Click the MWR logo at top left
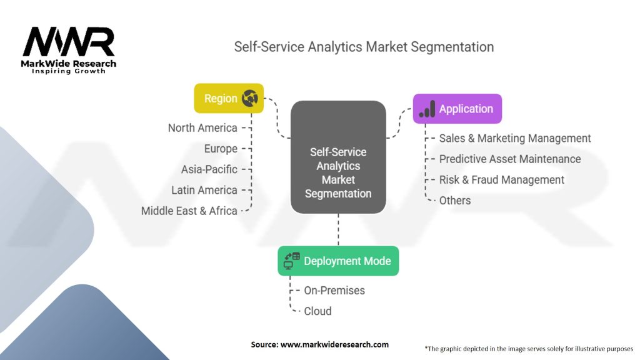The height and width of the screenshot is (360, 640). (x=69, y=50)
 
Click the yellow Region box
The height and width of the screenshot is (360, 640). (x=229, y=98)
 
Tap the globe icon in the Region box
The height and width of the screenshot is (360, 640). (x=249, y=98)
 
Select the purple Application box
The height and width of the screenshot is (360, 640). (x=457, y=109)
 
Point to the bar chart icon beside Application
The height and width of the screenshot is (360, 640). (x=427, y=109)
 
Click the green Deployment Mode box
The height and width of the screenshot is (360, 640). (x=338, y=261)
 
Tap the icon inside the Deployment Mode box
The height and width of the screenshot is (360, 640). (x=292, y=261)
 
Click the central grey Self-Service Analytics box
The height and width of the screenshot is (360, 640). (x=338, y=157)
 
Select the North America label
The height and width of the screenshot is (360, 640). (x=202, y=127)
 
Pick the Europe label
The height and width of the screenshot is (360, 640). (x=221, y=149)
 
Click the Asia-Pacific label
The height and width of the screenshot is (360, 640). (x=209, y=169)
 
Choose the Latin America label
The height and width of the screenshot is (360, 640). (x=204, y=190)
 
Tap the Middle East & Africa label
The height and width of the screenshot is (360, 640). (x=189, y=211)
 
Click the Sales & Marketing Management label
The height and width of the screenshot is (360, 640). (x=515, y=138)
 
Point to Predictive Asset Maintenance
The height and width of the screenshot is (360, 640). (x=510, y=159)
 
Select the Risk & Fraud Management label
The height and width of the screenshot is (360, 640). (x=502, y=180)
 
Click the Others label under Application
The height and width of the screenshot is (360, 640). (x=455, y=201)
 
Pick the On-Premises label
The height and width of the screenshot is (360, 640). (x=334, y=291)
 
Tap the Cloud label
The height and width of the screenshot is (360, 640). (x=317, y=311)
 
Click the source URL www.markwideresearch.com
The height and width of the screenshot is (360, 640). (x=335, y=344)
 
